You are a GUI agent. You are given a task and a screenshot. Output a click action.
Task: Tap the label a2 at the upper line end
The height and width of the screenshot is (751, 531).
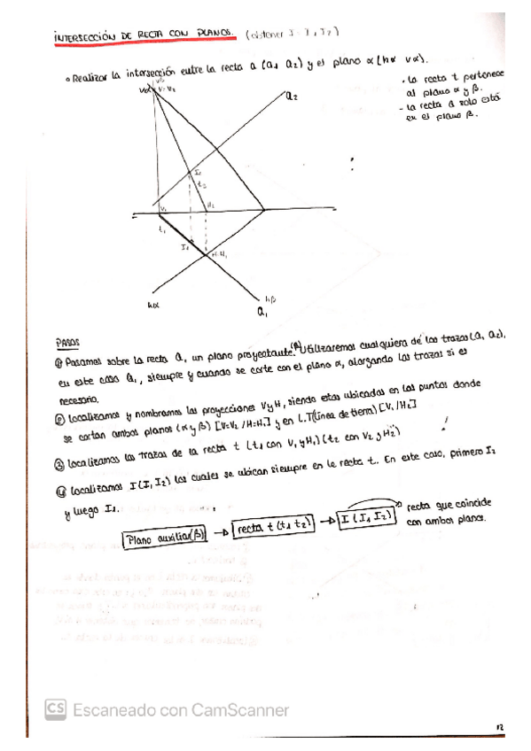[x=293, y=98]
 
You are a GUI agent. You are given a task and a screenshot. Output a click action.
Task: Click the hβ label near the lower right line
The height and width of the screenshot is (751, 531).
[x=271, y=298]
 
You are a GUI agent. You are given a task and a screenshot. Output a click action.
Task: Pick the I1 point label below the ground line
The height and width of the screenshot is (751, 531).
[x=183, y=249]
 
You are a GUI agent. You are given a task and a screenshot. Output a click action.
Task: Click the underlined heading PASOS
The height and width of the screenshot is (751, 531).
[x=67, y=341]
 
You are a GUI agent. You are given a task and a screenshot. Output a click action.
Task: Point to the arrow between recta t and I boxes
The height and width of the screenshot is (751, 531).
[x=327, y=522]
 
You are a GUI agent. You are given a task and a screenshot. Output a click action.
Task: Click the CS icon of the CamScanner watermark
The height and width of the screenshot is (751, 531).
[x=57, y=709]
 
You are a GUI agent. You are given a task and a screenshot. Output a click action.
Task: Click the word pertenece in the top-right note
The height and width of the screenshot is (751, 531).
[x=475, y=79]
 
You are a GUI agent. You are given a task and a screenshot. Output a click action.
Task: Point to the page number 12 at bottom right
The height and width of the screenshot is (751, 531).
[x=500, y=725]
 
